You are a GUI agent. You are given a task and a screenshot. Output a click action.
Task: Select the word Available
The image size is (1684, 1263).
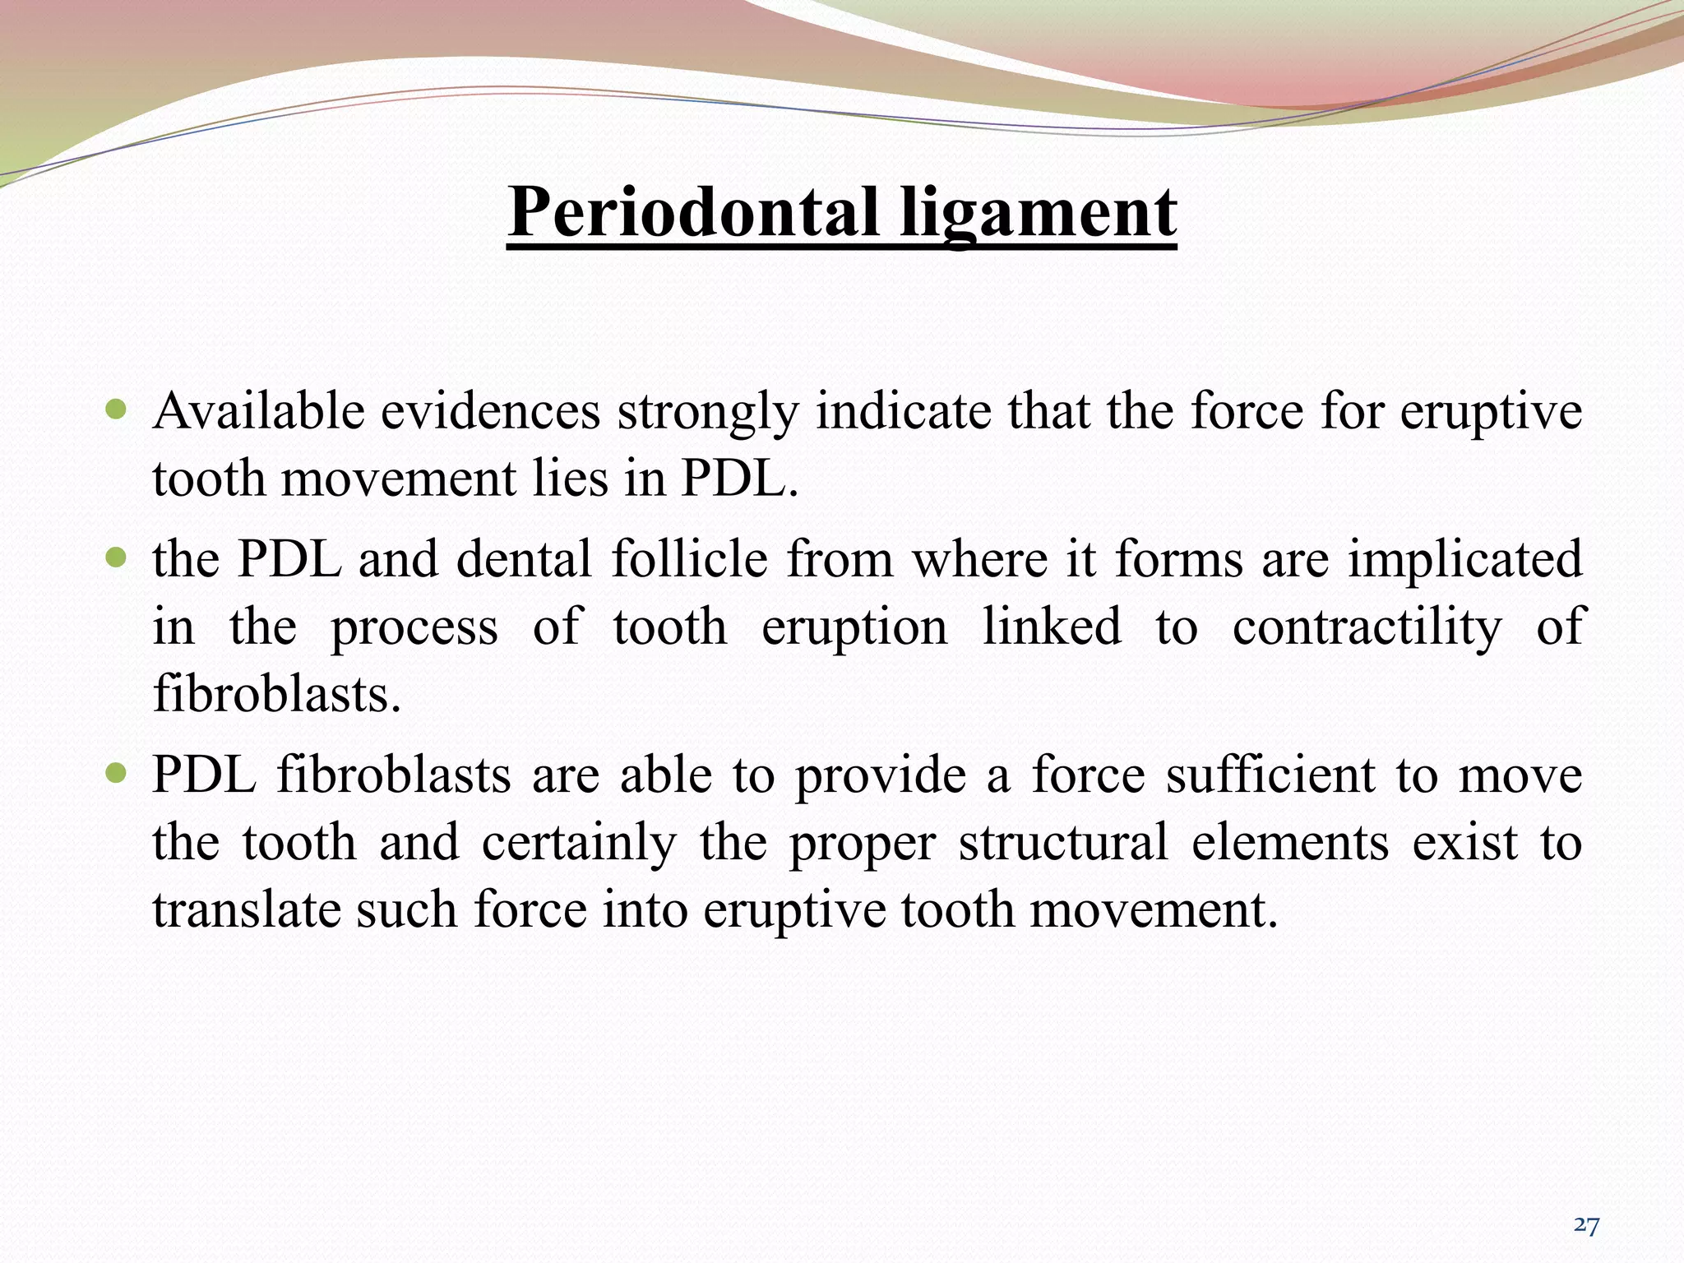(258, 410)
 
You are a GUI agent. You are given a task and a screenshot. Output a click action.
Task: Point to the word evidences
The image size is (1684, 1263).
(490, 410)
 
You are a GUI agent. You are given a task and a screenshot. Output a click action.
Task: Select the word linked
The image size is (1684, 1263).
(1052, 626)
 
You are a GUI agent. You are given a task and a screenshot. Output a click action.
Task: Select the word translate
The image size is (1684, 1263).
(247, 909)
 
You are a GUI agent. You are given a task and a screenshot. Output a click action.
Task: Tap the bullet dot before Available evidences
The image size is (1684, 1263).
(118, 409)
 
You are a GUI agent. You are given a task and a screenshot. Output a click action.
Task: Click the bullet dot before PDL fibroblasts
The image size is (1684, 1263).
(118, 773)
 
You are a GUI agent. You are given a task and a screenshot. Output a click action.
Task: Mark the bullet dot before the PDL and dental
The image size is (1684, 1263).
(118, 557)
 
